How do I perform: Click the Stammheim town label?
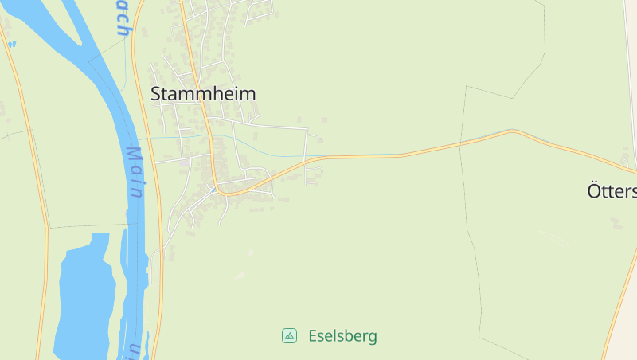203,94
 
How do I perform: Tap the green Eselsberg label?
342,336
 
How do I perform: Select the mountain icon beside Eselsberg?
290,336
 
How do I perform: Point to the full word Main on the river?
135,170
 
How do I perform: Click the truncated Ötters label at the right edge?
612,192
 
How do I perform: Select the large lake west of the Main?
84,295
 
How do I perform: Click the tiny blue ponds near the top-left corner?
12,44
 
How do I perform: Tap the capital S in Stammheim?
156,94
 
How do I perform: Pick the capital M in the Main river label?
133,154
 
